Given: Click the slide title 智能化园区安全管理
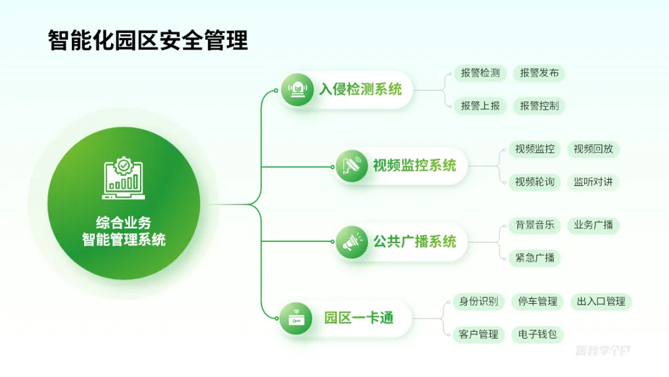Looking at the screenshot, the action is [148, 41].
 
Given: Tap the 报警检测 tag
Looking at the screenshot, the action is [480, 73].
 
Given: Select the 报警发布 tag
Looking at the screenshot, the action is [539, 73].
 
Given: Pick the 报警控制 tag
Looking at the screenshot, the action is [539, 106].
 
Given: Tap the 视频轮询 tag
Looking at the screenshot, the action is [534, 182].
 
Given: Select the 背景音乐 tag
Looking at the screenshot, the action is [534, 225].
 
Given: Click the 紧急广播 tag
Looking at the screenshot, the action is [534, 258].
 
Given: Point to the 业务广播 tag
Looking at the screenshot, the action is [593, 225].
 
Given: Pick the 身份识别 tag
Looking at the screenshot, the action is [479, 302].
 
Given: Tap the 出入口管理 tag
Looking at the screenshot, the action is [601, 302].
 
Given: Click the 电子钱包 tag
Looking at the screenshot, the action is [538, 335].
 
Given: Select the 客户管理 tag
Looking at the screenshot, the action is [479, 335].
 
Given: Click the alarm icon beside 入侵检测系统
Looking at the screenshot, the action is [298, 90].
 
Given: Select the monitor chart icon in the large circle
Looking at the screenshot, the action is [123, 176].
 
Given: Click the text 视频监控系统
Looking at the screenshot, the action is [414, 166].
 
